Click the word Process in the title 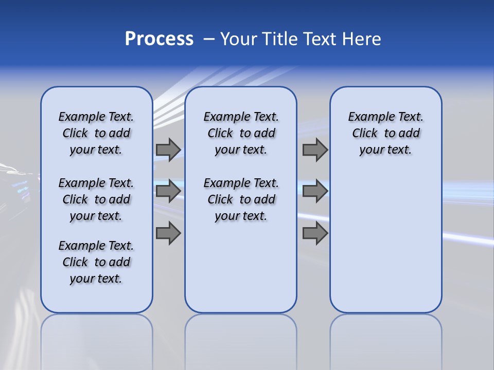point(159,39)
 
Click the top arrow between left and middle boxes point(168,150)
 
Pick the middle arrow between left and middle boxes point(168,191)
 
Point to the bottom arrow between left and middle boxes point(168,233)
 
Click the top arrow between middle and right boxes point(315,150)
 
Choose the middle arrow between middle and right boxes point(315,191)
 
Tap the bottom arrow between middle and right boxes point(315,233)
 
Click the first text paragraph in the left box point(96,133)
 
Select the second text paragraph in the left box point(96,199)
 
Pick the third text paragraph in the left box point(96,262)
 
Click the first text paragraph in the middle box point(241,133)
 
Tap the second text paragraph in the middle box point(241,199)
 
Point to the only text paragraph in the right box point(386,133)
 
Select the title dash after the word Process point(209,39)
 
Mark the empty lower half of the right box point(386,247)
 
